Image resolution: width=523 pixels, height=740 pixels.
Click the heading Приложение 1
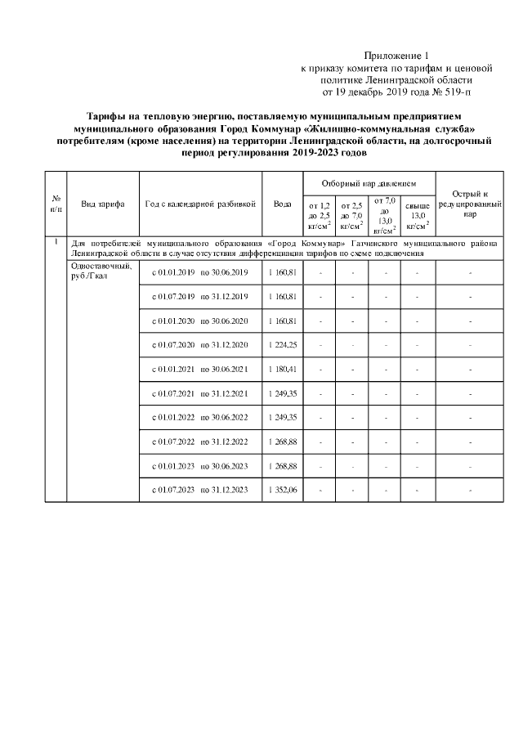coord(395,54)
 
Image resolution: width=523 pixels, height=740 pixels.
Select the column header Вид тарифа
coord(103,204)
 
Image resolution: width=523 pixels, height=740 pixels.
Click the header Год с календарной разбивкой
coord(200,204)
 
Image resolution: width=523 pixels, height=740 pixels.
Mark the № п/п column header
coord(56,204)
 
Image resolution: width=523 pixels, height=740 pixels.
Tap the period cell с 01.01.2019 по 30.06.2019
coord(200,271)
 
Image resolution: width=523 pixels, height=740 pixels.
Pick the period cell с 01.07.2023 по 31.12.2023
coord(200,490)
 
